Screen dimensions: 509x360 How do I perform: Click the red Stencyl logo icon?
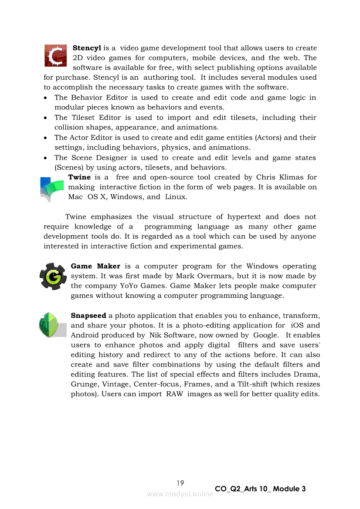(x=55, y=55)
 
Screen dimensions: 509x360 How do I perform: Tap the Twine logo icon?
(x=51, y=189)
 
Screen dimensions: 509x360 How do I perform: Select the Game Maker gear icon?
(x=53, y=276)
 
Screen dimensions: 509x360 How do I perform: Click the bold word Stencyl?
(x=87, y=48)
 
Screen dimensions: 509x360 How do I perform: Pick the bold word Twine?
(x=79, y=177)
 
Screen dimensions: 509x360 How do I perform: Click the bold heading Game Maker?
(x=95, y=266)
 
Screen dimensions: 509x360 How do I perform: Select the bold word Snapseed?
(x=88, y=315)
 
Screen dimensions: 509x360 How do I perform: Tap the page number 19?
(x=180, y=483)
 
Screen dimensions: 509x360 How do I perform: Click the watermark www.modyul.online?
(x=180, y=494)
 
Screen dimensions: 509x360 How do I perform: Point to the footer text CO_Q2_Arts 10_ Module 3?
(x=260, y=489)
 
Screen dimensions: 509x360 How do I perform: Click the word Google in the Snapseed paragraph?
(x=265, y=335)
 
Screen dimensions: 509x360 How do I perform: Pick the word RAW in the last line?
(x=174, y=394)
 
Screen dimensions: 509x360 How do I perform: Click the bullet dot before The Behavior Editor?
(x=46, y=98)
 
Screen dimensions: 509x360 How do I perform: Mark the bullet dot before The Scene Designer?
(x=46, y=158)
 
